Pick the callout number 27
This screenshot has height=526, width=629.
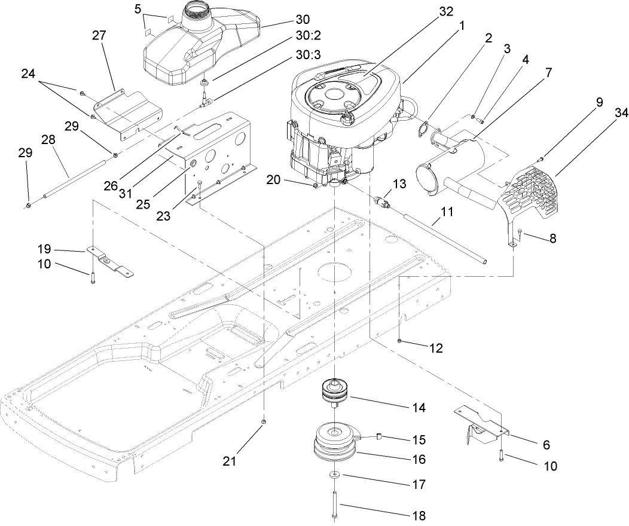point(99,36)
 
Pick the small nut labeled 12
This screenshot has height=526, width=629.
point(399,340)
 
